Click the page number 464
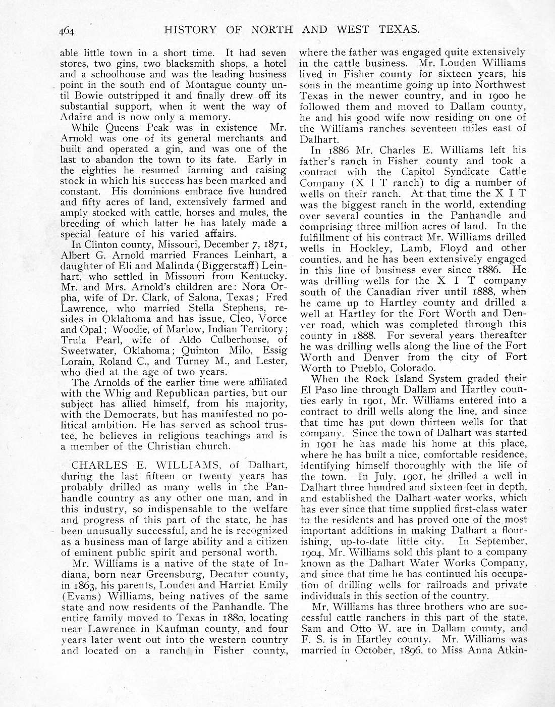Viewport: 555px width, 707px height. pyautogui.click(x=66, y=30)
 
